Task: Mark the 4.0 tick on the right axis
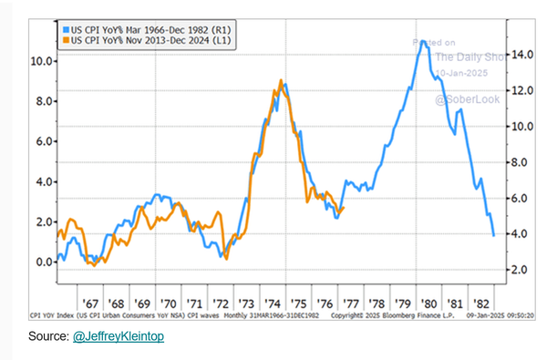(518, 234)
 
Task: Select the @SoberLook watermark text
(466, 98)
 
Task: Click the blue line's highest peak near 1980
(422, 41)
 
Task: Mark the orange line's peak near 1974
(279, 80)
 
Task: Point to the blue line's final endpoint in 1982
(493, 236)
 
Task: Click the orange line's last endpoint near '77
(344, 207)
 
